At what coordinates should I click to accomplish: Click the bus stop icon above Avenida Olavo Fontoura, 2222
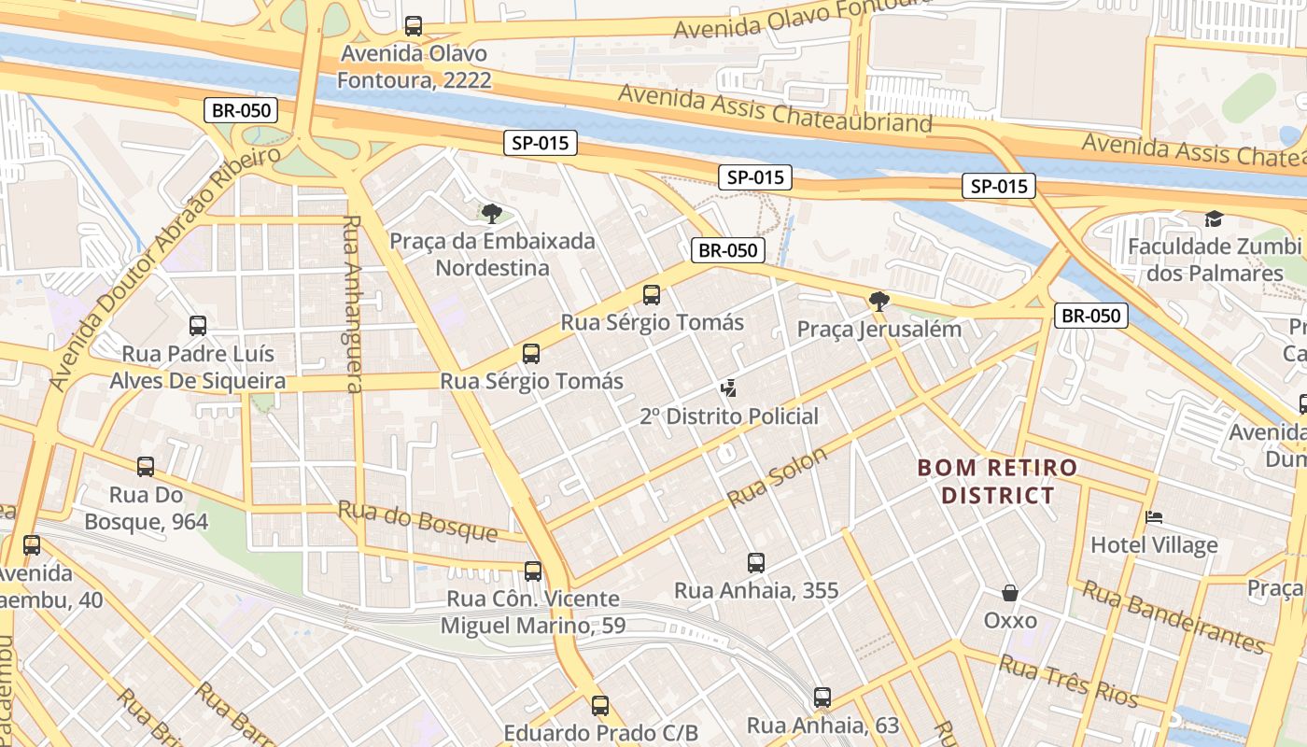pos(414,26)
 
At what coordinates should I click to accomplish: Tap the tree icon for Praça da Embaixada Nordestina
pos(491,214)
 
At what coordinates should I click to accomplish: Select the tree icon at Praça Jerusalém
pos(878,302)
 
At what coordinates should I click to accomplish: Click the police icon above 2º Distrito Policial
pos(729,388)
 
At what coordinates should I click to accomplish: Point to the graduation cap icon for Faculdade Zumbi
pos(1214,219)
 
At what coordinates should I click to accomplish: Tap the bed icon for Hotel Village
pos(1155,517)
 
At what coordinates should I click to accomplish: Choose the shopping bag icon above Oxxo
pos(1010,593)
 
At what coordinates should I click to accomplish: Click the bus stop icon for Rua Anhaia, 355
pos(756,563)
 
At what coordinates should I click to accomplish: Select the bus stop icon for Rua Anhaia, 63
pos(822,698)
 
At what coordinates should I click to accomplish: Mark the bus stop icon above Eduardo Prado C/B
pos(600,706)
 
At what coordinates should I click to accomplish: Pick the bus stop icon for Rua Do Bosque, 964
pos(146,467)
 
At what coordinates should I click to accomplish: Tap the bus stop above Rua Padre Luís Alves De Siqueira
pos(198,326)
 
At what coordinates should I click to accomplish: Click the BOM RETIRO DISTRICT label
pos(997,481)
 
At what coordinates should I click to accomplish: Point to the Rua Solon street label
pos(777,477)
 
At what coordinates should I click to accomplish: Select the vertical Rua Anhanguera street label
pos(353,304)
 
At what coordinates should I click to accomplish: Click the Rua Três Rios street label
pos(1069,681)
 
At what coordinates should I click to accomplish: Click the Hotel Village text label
pos(1154,545)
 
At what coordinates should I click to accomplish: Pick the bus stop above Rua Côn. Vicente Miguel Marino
pos(533,571)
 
